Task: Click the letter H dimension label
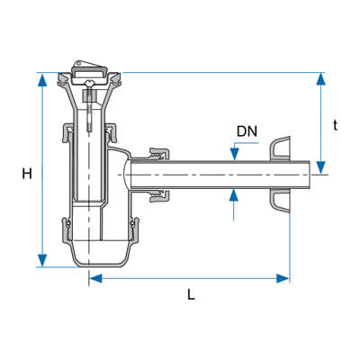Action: click(x=27, y=174)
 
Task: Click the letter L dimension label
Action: click(x=191, y=294)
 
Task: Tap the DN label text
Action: click(x=247, y=131)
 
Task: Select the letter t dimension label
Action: click(x=335, y=125)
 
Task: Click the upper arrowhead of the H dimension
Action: click(x=42, y=80)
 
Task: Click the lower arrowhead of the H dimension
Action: click(x=42, y=260)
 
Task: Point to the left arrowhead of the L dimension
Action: click(x=96, y=278)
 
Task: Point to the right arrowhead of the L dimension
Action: click(x=283, y=278)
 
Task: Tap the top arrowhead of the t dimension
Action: click(x=321, y=79)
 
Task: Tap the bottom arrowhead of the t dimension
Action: click(x=321, y=167)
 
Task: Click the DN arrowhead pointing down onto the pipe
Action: click(x=234, y=154)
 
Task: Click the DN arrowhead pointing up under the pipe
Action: click(x=234, y=195)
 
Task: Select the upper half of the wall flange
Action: click(x=281, y=148)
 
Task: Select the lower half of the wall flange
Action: click(x=281, y=201)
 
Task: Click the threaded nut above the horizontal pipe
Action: click(x=159, y=154)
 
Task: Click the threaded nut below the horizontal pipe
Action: click(x=159, y=195)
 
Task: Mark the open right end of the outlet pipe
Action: click(x=310, y=175)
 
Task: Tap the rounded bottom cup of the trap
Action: click(x=101, y=255)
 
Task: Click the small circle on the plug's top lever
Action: click(x=78, y=63)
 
